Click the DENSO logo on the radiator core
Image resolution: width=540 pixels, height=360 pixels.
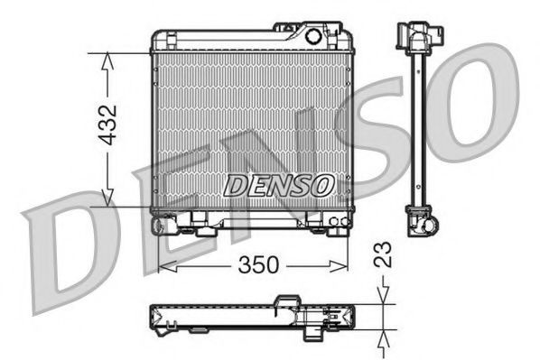279,185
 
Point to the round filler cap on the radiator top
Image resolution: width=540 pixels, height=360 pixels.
313,37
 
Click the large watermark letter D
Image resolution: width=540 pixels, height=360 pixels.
68,257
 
